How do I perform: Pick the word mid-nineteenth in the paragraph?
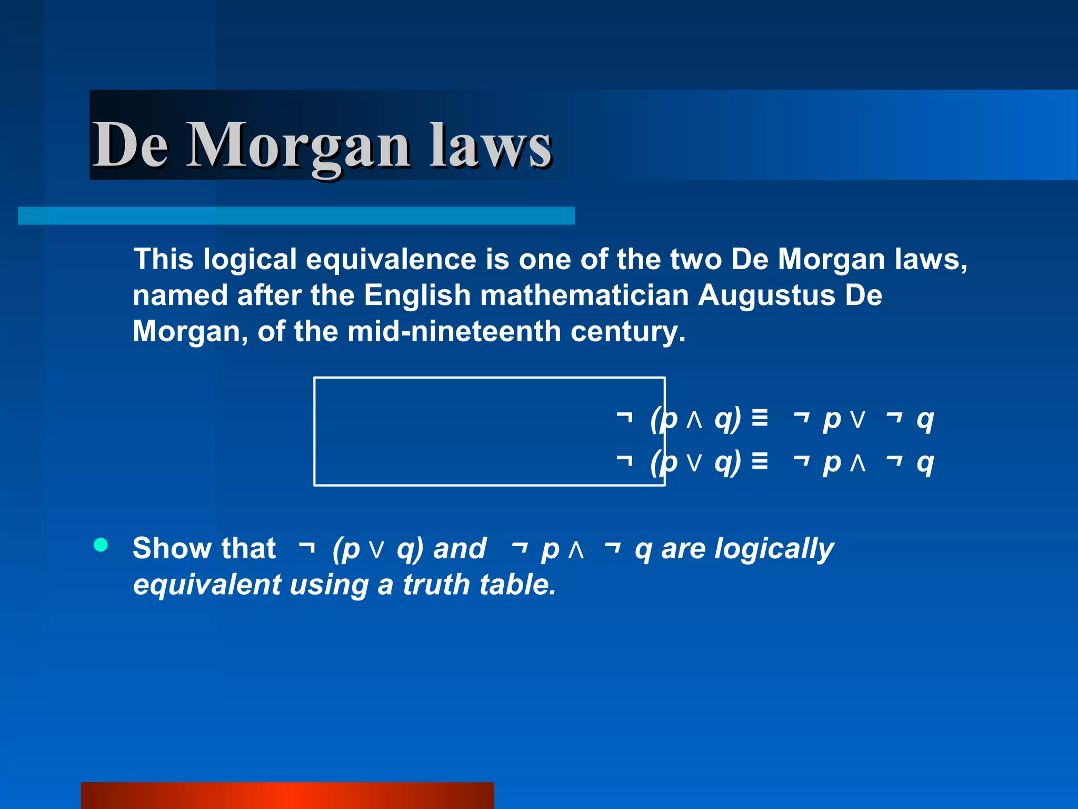454,331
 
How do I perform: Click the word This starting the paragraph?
164,259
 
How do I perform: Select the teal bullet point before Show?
101,545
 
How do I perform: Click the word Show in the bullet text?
167,548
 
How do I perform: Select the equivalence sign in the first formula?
760,418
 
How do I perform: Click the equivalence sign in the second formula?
760,461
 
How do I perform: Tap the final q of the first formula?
925,420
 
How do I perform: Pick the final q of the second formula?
925,463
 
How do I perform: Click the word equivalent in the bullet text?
207,585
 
